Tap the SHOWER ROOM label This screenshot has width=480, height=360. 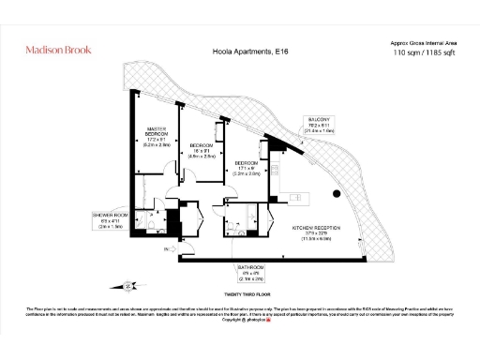[108, 217]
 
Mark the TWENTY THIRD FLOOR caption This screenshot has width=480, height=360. [241, 293]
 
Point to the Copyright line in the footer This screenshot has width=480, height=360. [239, 321]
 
